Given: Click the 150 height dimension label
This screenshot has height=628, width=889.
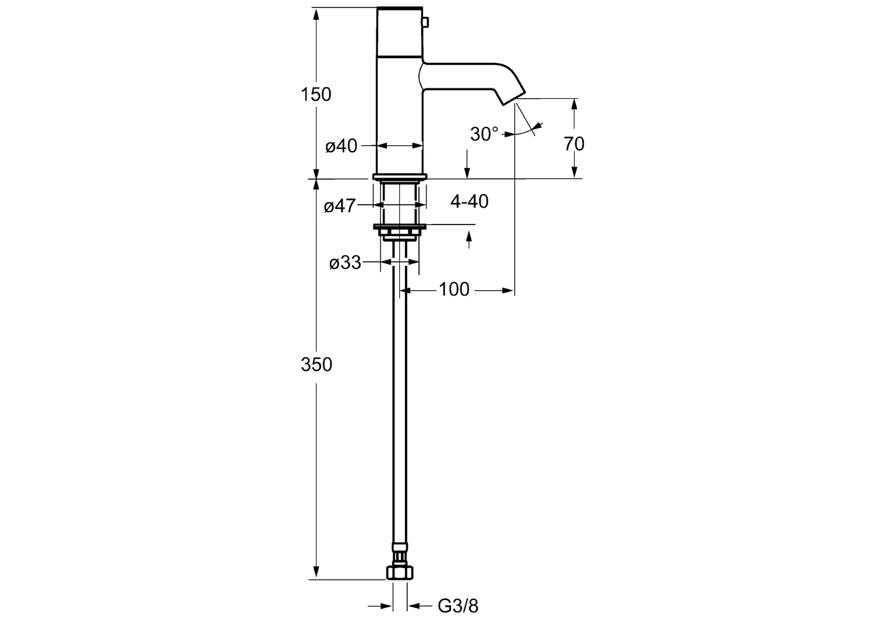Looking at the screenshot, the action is pyautogui.click(x=316, y=94).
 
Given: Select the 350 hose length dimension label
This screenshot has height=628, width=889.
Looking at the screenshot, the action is pyautogui.click(x=317, y=364).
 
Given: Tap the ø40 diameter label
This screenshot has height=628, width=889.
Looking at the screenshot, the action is pyautogui.click(x=342, y=146).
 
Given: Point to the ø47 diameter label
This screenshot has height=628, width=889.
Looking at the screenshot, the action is pyautogui.click(x=340, y=206).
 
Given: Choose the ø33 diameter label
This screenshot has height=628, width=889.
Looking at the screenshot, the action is pyautogui.click(x=345, y=263).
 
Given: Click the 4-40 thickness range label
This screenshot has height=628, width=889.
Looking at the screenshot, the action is pyautogui.click(x=469, y=202).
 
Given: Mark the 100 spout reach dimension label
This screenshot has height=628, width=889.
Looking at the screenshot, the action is pyautogui.click(x=454, y=289).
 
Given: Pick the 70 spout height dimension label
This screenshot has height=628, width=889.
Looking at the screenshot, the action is pyautogui.click(x=574, y=144).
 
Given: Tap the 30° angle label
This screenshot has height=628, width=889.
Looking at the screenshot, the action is pyautogui.click(x=484, y=134).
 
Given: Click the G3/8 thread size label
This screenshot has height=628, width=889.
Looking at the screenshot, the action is pyautogui.click(x=458, y=606).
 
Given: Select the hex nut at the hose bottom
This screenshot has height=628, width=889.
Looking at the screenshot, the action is pyautogui.click(x=400, y=572).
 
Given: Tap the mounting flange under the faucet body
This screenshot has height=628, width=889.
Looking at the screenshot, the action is pyautogui.click(x=400, y=177).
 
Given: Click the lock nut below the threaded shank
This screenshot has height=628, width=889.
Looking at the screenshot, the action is pyautogui.click(x=400, y=231).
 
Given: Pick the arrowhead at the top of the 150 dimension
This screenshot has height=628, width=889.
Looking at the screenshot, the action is pyautogui.click(x=316, y=15).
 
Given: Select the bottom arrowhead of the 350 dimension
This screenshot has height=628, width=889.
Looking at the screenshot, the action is pyautogui.click(x=316, y=572).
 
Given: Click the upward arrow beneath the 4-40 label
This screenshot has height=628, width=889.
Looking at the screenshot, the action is pyautogui.click(x=469, y=240).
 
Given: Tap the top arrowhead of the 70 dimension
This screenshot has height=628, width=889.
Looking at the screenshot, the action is pyautogui.click(x=574, y=105).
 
